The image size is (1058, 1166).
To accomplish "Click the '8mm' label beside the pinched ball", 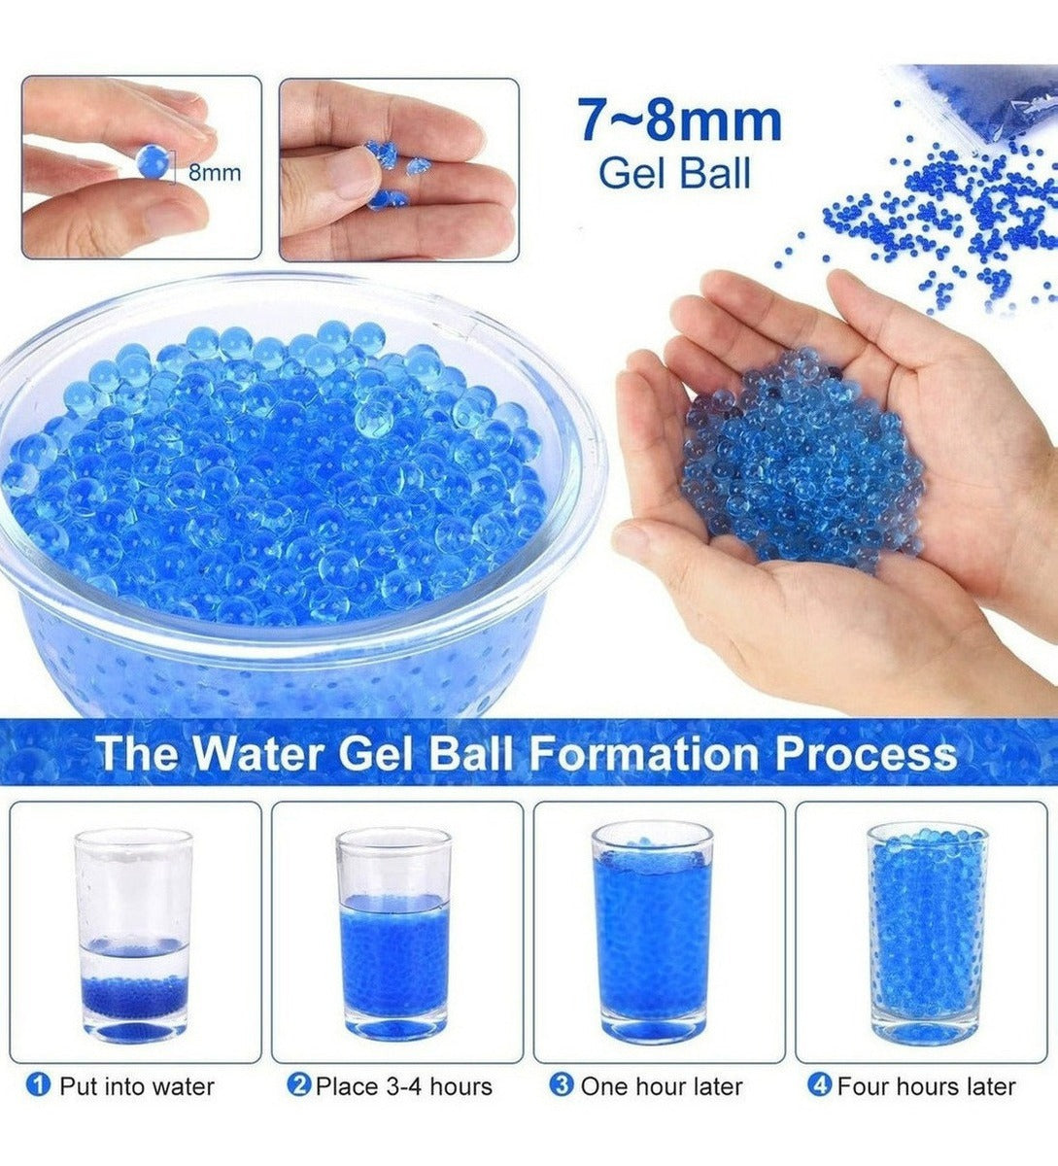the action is tap(215, 173).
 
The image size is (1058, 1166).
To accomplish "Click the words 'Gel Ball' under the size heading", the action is tap(675, 173).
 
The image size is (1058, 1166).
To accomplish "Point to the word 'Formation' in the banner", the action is tap(645, 753).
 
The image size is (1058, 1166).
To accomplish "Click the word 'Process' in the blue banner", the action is tap(867, 754).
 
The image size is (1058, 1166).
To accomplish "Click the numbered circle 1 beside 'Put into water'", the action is tap(38, 1085).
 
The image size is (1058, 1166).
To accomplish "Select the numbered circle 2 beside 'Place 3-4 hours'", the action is tap(299, 1085).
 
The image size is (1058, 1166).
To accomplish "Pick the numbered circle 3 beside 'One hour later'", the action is tap(562, 1085).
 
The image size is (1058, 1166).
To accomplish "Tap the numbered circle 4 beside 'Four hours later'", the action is tap(820, 1085).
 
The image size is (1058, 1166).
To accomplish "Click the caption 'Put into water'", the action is tap(137, 1085).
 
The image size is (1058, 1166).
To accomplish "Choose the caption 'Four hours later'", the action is tap(927, 1085).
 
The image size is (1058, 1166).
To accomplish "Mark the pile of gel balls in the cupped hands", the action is tap(802, 460).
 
